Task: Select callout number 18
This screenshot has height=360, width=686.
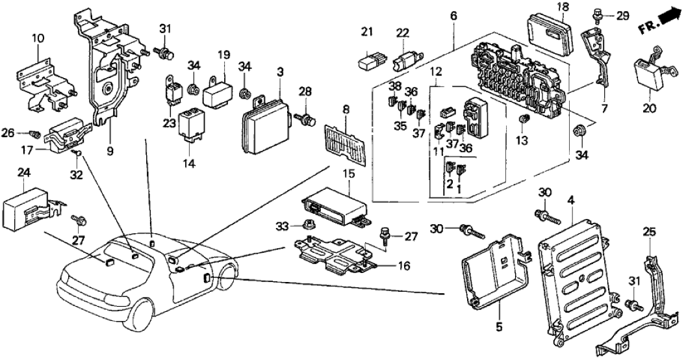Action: click(544, 7)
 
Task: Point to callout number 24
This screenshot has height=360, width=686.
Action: click(23, 173)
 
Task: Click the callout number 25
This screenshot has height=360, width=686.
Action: click(650, 232)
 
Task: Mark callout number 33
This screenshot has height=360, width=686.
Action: click(281, 225)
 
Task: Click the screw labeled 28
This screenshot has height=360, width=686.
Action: click(305, 120)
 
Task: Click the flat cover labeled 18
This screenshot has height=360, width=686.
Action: click(551, 32)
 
